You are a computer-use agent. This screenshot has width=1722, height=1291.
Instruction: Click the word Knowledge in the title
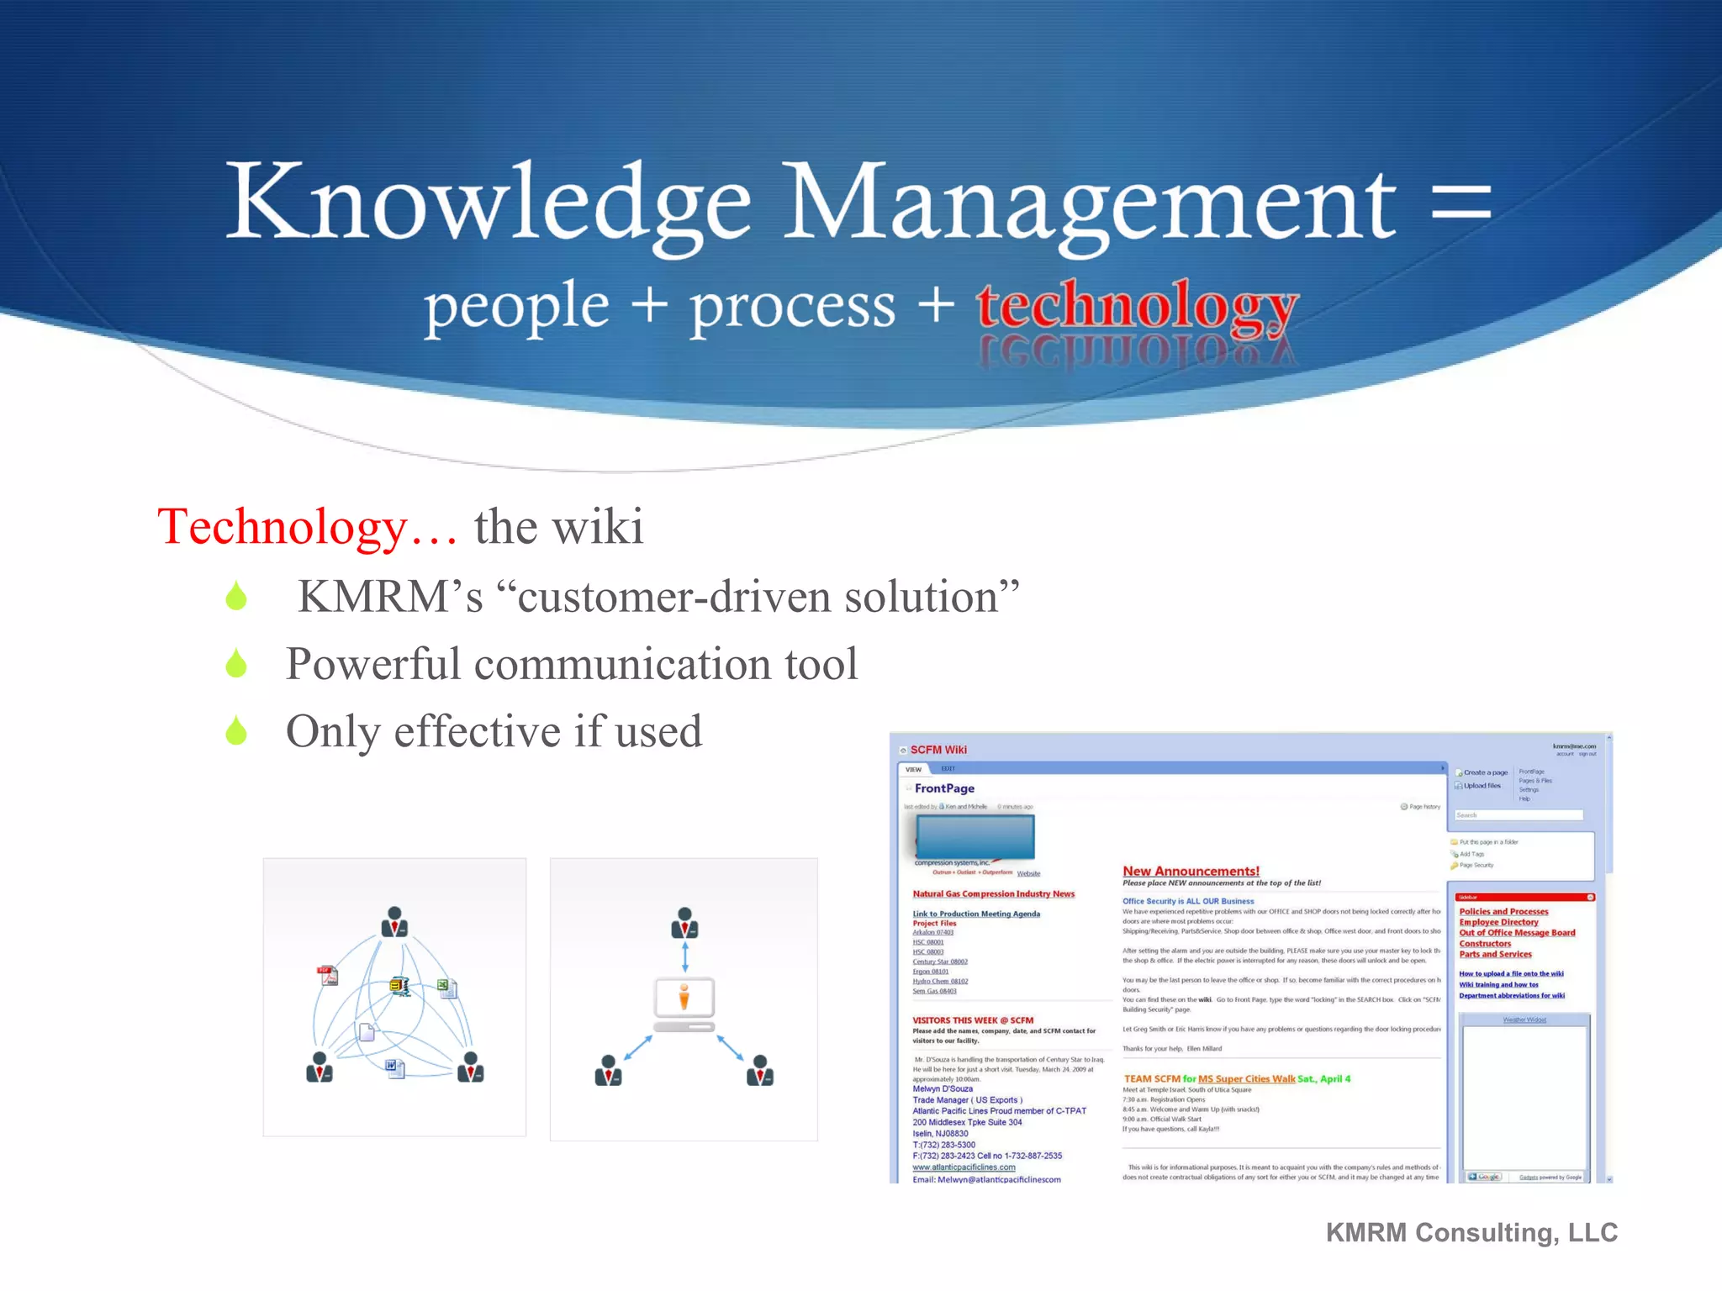pyautogui.click(x=488, y=202)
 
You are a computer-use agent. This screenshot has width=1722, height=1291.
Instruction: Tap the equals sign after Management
pyautogui.click(x=1461, y=202)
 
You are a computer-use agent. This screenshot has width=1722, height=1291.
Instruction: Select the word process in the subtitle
pyautogui.click(x=792, y=307)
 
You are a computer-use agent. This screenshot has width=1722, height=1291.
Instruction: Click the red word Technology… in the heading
pyautogui.click(x=307, y=527)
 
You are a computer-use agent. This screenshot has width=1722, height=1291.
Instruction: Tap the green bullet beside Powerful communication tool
pyautogui.click(x=236, y=664)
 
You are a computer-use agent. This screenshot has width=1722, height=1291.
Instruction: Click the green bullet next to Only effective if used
pyautogui.click(x=236, y=731)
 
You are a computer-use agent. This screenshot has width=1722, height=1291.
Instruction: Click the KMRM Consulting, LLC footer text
pyautogui.click(x=1471, y=1232)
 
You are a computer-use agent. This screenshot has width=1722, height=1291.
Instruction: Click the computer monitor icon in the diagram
pyautogui.click(x=684, y=1000)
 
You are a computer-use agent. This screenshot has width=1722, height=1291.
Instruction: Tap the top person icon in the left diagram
pyautogui.click(x=394, y=922)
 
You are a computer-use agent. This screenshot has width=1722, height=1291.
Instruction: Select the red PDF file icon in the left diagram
pyautogui.click(x=328, y=976)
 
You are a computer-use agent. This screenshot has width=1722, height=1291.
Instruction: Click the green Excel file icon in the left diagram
pyautogui.click(x=446, y=988)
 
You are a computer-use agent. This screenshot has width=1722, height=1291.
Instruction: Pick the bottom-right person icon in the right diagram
pyautogui.click(x=759, y=1071)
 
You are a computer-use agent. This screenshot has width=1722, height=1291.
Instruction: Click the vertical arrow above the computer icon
pyautogui.click(x=684, y=956)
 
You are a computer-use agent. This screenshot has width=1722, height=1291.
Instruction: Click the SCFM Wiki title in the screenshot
pyautogui.click(x=938, y=750)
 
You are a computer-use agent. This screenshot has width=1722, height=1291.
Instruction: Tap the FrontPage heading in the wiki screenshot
pyautogui.click(x=944, y=788)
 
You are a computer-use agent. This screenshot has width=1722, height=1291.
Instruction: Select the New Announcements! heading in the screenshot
pyautogui.click(x=1191, y=871)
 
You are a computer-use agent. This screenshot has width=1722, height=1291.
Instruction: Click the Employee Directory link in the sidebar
pyautogui.click(x=1498, y=922)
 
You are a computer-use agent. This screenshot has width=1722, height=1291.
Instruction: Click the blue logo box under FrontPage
pyautogui.click(x=975, y=837)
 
